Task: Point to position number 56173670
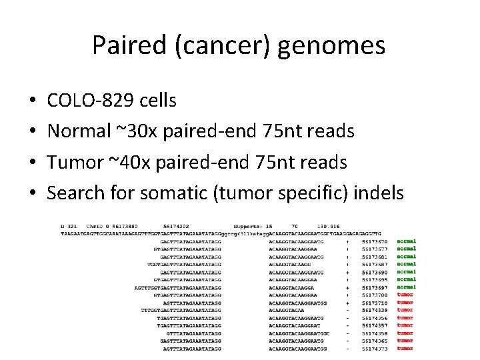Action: point(375,241)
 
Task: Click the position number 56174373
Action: point(375,349)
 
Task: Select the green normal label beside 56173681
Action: point(406,257)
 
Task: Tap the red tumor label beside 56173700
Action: point(405,295)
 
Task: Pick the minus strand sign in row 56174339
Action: point(347,310)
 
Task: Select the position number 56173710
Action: point(375,303)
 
